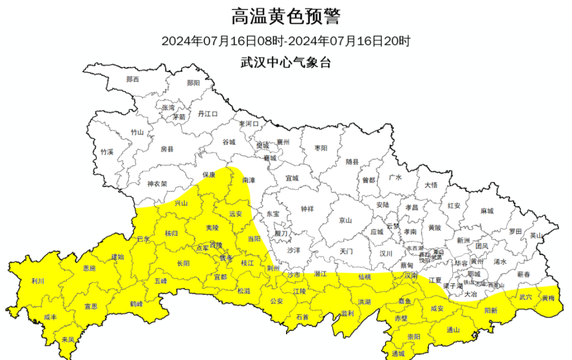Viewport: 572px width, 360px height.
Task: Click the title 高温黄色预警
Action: (285, 16)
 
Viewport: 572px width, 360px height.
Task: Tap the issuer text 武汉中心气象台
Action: (285, 61)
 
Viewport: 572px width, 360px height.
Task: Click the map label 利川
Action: (38, 281)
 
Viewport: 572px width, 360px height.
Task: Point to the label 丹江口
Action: (208, 113)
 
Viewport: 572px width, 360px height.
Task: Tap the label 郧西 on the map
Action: (132, 79)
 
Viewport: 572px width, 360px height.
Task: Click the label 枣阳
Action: (321, 148)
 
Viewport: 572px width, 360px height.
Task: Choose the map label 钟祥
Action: (306, 209)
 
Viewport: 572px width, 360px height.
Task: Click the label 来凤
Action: (68, 340)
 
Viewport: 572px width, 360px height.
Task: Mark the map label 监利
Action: (347, 314)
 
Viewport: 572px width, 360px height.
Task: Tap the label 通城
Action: (398, 353)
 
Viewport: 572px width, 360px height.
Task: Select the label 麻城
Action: (487, 211)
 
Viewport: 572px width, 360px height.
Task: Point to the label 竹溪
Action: (107, 152)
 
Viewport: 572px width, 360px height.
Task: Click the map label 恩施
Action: (89, 268)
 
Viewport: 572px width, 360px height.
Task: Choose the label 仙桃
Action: (365, 278)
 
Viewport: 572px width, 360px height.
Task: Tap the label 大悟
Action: (431, 185)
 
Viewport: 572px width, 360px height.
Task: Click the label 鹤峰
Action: (136, 304)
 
